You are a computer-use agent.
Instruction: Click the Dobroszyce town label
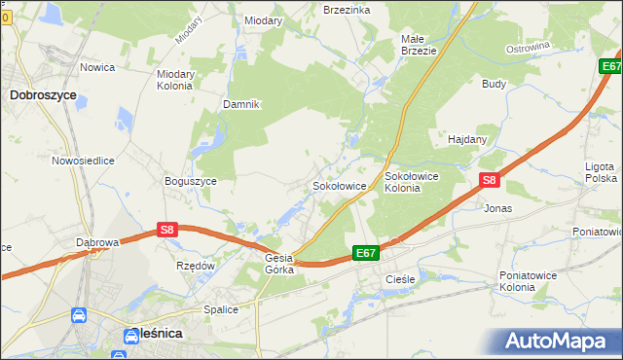(x=43, y=95)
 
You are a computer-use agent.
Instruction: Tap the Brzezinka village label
(x=347, y=9)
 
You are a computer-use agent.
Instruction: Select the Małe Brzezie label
(x=419, y=45)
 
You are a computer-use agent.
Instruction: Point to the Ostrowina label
(x=530, y=48)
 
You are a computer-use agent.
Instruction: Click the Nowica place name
(x=98, y=67)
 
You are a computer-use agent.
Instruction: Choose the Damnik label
(x=241, y=104)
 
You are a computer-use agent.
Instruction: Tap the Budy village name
(x=494, y=84)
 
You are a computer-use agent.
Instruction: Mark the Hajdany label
(x=467, y=139)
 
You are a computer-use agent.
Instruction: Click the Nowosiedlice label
(x=84, y=161)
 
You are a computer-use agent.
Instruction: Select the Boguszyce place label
(x=191, y=179)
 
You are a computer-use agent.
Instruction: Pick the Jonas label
(x=497, y=208)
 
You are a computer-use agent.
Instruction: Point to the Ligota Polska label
(x=601, y=172)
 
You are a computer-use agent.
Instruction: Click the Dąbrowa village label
(x=97, y=241)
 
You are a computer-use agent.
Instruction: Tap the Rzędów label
(x=195, y=265)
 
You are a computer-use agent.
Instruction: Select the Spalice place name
(x=221, y=309)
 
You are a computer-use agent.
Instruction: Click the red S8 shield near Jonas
(x=490, y=180)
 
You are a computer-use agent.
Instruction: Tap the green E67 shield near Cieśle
(x=365, y=252)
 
